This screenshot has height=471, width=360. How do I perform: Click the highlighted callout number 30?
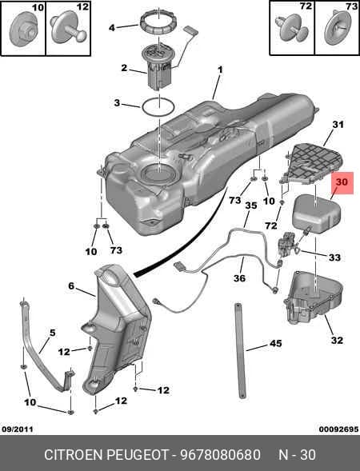pos(342,182)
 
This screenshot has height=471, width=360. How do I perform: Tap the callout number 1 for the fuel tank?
pos(220,70)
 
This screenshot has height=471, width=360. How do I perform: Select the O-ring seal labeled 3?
pos(158,108)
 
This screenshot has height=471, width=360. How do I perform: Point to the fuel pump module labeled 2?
pos(158,68)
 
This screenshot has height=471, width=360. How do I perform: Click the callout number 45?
pos(275,343)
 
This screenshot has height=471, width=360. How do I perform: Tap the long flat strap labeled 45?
pos(240,351)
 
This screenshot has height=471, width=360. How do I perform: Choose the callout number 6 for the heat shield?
pos(71,285)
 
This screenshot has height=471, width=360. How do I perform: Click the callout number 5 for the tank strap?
pos(52,333)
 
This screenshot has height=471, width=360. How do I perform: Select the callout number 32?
pos(337,341)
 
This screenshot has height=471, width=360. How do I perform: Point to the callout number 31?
pos(338,125)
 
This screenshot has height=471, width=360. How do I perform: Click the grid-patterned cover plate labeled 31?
pos(313,164)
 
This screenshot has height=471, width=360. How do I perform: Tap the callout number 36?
pos(239,278)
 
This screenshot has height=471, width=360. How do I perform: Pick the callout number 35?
pos(251,206)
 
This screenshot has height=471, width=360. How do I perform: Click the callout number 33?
pos(334,257)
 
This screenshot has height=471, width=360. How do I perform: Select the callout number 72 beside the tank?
pos(270,226)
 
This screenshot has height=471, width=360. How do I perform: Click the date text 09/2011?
pos(18,429)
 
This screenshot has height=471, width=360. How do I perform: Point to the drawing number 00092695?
pos(338,429)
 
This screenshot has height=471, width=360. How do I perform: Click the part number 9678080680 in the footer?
pos(220,454)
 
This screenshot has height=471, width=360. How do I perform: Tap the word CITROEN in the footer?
pos(74,454)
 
